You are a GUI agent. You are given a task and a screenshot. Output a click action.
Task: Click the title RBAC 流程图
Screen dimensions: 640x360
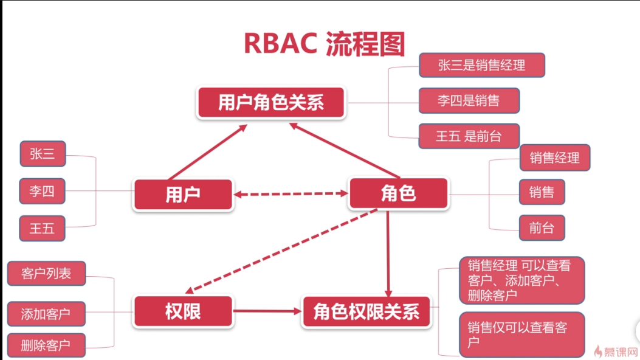click(x=325, y=43)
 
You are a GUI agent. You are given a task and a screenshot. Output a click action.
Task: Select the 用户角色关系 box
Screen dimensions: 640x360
click(x=272, y=102)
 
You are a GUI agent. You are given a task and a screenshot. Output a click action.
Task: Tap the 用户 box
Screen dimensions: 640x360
click(x=183, y=194)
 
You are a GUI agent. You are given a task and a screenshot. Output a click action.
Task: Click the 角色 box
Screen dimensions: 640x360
click(x=398, y=193)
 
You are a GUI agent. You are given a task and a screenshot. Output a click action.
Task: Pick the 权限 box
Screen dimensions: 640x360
click(x=183, y=311)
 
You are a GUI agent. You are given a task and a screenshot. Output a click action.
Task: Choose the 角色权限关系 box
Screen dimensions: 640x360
click(x=366, y=312)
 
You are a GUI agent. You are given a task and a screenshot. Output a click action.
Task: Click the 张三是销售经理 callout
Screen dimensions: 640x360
click(x=482, y=65)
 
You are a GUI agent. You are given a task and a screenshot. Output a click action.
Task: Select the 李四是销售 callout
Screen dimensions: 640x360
click(x=469, y=100)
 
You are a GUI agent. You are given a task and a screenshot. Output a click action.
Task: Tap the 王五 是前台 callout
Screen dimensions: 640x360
click(x=469, y=136)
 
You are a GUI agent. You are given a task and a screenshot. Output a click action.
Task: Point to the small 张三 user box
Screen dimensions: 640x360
click(x=43, y=153)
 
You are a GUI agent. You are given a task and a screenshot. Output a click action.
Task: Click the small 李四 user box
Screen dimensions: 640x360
click(x=42, y=190)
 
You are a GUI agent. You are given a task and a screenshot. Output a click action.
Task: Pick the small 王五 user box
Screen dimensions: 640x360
click(x=42, y=228)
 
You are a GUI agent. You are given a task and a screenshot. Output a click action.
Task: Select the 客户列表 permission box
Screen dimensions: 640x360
click(x=47, y=273)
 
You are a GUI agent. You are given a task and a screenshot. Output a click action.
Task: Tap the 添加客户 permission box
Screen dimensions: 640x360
click(x=47, y=314)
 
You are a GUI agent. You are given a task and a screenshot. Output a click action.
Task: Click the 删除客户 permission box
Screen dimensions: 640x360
click(x=47, y=345)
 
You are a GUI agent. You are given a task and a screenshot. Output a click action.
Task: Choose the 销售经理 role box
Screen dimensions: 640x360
click(x=555, y=157)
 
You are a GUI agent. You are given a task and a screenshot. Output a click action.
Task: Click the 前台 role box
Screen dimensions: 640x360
click(x=542, y=227)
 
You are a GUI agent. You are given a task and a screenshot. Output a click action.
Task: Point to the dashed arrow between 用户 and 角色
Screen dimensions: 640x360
click(x=291, y=194)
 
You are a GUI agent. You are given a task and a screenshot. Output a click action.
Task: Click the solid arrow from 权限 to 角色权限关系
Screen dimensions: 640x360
click(x=267, y=311)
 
